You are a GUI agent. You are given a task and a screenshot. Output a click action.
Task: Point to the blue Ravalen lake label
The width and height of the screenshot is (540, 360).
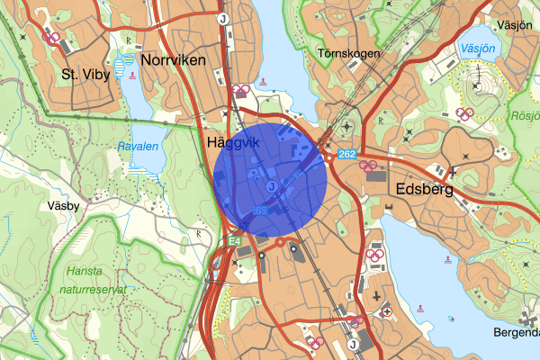point(136,146)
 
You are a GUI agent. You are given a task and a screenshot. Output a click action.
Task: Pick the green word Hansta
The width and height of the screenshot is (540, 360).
point(86,271)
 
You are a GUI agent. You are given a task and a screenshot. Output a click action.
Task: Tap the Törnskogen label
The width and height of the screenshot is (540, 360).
point(350,54)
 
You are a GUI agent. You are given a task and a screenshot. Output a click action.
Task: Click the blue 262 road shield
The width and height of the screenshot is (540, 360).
point(348,155)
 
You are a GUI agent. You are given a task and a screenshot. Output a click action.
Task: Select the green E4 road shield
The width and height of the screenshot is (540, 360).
point(234,240)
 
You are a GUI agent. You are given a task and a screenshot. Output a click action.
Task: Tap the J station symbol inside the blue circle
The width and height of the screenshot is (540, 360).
point(271,184)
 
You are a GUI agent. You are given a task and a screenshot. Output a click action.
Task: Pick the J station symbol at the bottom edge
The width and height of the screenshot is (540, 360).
point(353,343)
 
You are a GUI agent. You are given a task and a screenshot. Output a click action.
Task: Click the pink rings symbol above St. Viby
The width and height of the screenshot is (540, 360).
point(53,39)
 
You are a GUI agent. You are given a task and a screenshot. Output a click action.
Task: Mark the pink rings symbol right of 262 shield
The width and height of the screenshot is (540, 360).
point(367,165)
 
